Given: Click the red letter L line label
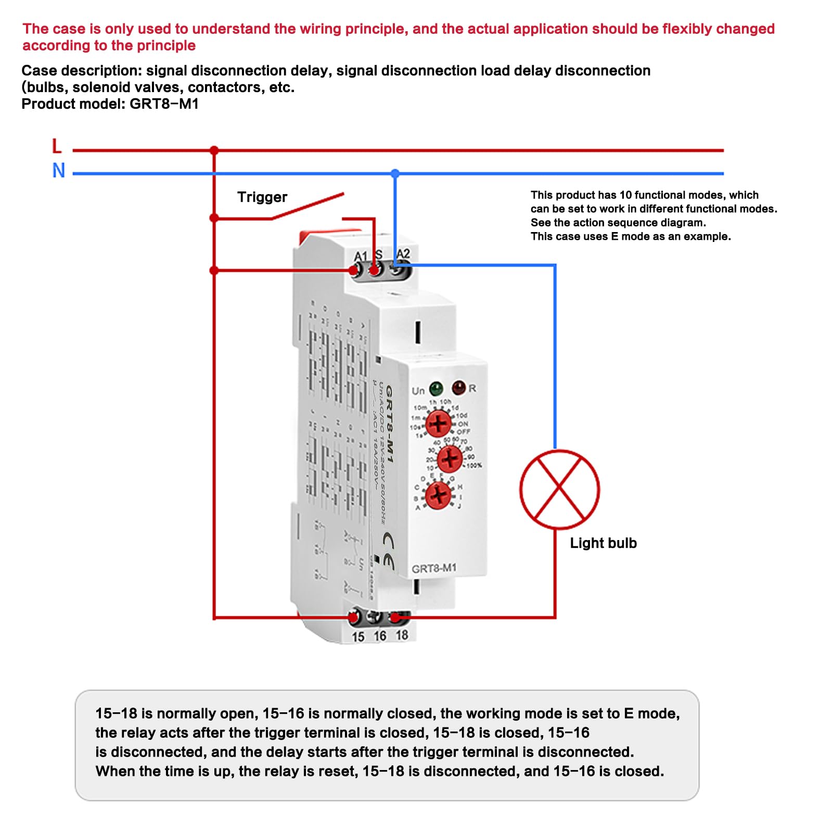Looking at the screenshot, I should click(x=57, y=146).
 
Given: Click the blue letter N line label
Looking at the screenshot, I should click(x=58, y=171).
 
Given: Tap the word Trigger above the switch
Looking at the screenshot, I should click(x=262, y=197).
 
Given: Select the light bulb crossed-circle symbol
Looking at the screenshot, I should click(x=559, y=489).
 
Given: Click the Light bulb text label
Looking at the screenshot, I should click(x=603, y=543).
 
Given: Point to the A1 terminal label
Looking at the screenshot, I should click(x=360, y=256).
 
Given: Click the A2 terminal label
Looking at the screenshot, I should click(x=403, y=254).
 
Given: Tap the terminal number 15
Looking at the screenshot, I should click(x=358, y=637).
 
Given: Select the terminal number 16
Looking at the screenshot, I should click(x=380, y=636).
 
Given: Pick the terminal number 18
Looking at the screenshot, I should click(x=402, y=635).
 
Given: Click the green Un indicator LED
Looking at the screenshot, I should click(x=435, y=388).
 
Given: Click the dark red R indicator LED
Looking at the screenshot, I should click(x=458, y=387).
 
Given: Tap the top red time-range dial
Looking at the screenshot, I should click(x=439, y=423).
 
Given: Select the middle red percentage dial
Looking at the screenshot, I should click(x=450, y=459).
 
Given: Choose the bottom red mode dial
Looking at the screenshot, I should click(x=439, y=494).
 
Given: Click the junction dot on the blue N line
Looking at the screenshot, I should click(x=395, y=173).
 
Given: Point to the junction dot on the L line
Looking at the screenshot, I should click(x=214, y=150).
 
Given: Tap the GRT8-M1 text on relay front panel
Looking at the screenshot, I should click(x=434, y=569).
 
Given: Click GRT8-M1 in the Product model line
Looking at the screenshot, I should click(x=164, y=104).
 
